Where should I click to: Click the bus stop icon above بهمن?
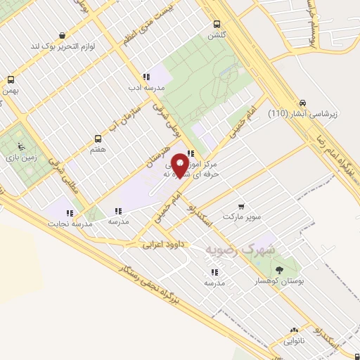[x=11, y=79]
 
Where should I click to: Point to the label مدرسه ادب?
[x=145, y=88]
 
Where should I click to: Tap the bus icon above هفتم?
[x=98, y=139]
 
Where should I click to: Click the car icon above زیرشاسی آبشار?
[x=302, y=101]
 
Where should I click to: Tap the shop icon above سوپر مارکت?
[x=242, y=207]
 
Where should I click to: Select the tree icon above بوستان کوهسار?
[x=280, y=270]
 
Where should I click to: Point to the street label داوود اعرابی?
[x=159, y=245]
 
